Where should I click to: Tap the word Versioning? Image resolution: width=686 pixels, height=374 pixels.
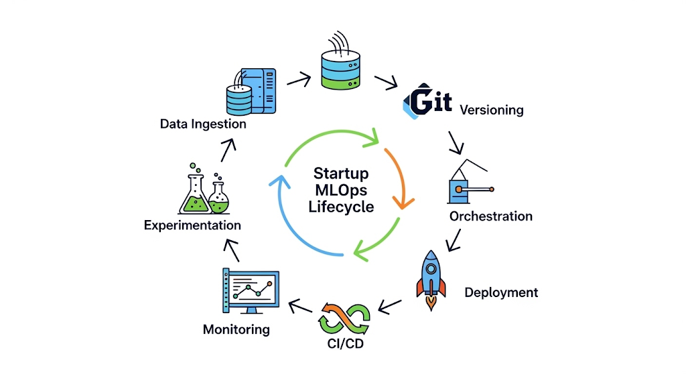point(491,110)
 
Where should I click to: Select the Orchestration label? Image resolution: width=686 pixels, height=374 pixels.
point(490,216)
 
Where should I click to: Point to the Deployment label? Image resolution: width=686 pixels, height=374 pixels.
point(501,292)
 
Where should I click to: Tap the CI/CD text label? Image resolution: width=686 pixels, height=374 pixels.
point(343,345)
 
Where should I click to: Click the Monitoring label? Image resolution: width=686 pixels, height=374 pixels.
point(236,329)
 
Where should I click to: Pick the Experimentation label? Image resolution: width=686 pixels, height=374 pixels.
point(192,225)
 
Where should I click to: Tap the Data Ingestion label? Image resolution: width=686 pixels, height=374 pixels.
point(203,124)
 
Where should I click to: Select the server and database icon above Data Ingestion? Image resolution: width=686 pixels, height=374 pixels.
point(251,91)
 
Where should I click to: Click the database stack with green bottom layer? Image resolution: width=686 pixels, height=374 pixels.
point(341,68)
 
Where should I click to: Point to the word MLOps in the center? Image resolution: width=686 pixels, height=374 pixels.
point(341,190)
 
